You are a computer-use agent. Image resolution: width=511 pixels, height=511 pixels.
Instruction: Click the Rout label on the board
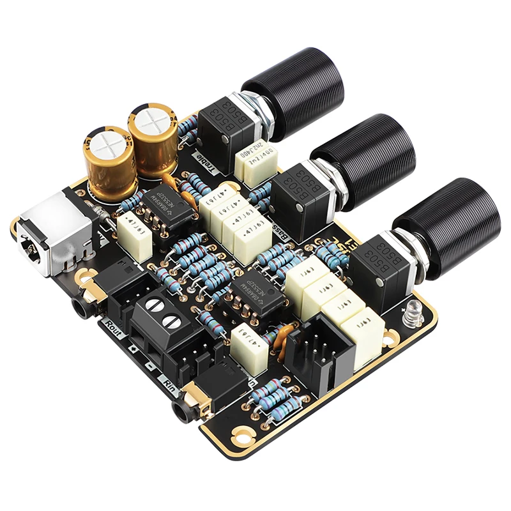tap(116, 326)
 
